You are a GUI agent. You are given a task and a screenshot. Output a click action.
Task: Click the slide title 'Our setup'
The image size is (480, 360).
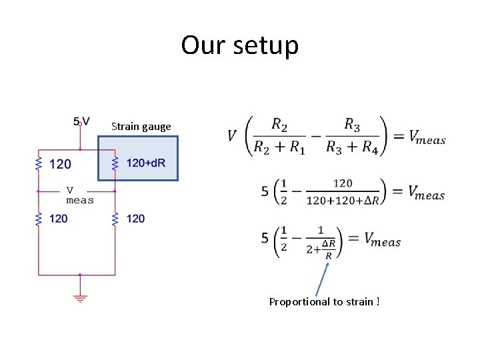tap(240, 45)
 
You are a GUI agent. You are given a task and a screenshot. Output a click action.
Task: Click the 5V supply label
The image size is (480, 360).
tap(82, 121)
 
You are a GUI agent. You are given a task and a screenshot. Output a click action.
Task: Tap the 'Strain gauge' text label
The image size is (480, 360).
tap(141, 126)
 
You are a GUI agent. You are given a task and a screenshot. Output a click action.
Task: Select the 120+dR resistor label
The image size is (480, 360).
tap(146, 163)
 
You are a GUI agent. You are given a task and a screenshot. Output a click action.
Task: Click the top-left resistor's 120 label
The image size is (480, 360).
tap(60, 163)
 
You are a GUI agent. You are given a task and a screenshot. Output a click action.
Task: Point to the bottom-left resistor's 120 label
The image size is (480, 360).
tap(58, 218)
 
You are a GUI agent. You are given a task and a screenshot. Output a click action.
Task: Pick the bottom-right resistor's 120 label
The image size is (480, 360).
tap(135, 218)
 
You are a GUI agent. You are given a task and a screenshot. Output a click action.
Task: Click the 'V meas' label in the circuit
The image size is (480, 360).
tap(80, 195)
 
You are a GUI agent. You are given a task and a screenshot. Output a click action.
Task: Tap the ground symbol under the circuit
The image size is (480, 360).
tap(80, 297)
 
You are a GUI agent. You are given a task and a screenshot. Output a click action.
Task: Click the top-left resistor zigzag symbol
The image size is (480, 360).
tap(39, 163)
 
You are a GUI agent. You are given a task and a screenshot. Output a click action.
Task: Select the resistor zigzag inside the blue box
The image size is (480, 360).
tap(115, 163)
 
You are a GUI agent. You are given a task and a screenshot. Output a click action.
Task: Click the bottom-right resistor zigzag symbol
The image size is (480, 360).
tap(115, 218)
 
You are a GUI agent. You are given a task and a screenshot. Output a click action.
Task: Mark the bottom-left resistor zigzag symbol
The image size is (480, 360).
tap(39, 218)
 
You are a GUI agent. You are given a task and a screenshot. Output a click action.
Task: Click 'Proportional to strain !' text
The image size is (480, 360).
tap(324, 301)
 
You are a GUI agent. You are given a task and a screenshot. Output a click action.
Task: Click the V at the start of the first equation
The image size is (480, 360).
tap(232, 136)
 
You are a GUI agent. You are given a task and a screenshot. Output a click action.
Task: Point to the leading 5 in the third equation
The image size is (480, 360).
tap(265, 237)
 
